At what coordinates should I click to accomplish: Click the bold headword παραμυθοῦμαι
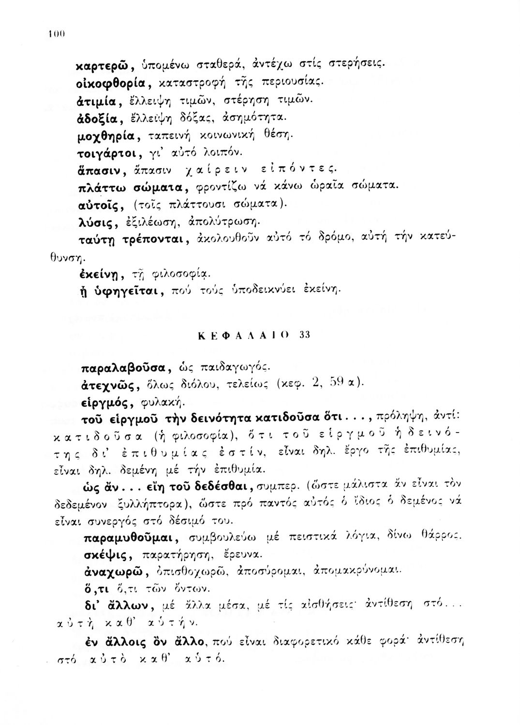coord(125,538)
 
